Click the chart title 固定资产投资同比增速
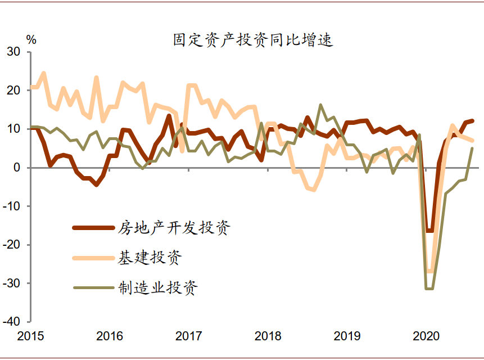pos(252,40)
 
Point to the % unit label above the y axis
pos(31,40)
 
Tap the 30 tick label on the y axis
pos(14,52)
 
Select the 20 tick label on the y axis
pos(14,90)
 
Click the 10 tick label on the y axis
pos(14,129)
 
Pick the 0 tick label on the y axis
pos(17,168)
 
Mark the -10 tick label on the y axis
pos(12,206)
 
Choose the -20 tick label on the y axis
pos(12,245)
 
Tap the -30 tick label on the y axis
pos(12,283)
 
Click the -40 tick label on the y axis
pos(12,322)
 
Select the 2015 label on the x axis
pos(31,336)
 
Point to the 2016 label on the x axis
pos(110,336)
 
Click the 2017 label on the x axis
pos(189,336)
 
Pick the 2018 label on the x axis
pos(268,336)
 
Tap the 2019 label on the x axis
pos(347,336)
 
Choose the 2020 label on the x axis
pos(426,336)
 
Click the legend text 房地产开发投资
pos(174,228)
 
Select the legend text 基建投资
pos(150,258)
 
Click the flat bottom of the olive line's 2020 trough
pos(429,289)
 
